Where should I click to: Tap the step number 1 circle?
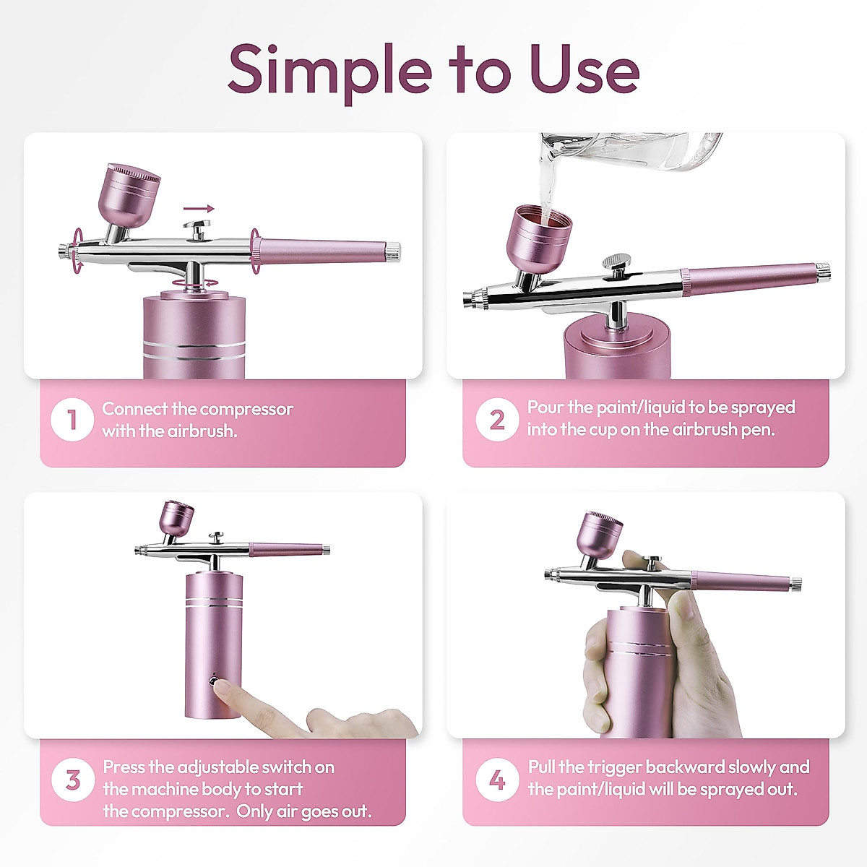point(72,419)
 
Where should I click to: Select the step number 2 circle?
point(497,419)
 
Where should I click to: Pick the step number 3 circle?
point(73,780)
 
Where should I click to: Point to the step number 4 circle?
point(497,780)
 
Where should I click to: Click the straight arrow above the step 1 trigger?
point(199,209)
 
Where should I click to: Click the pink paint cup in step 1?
point(129,197)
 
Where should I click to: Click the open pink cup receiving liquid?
point(539,239)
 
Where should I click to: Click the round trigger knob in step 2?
point(616,262)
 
